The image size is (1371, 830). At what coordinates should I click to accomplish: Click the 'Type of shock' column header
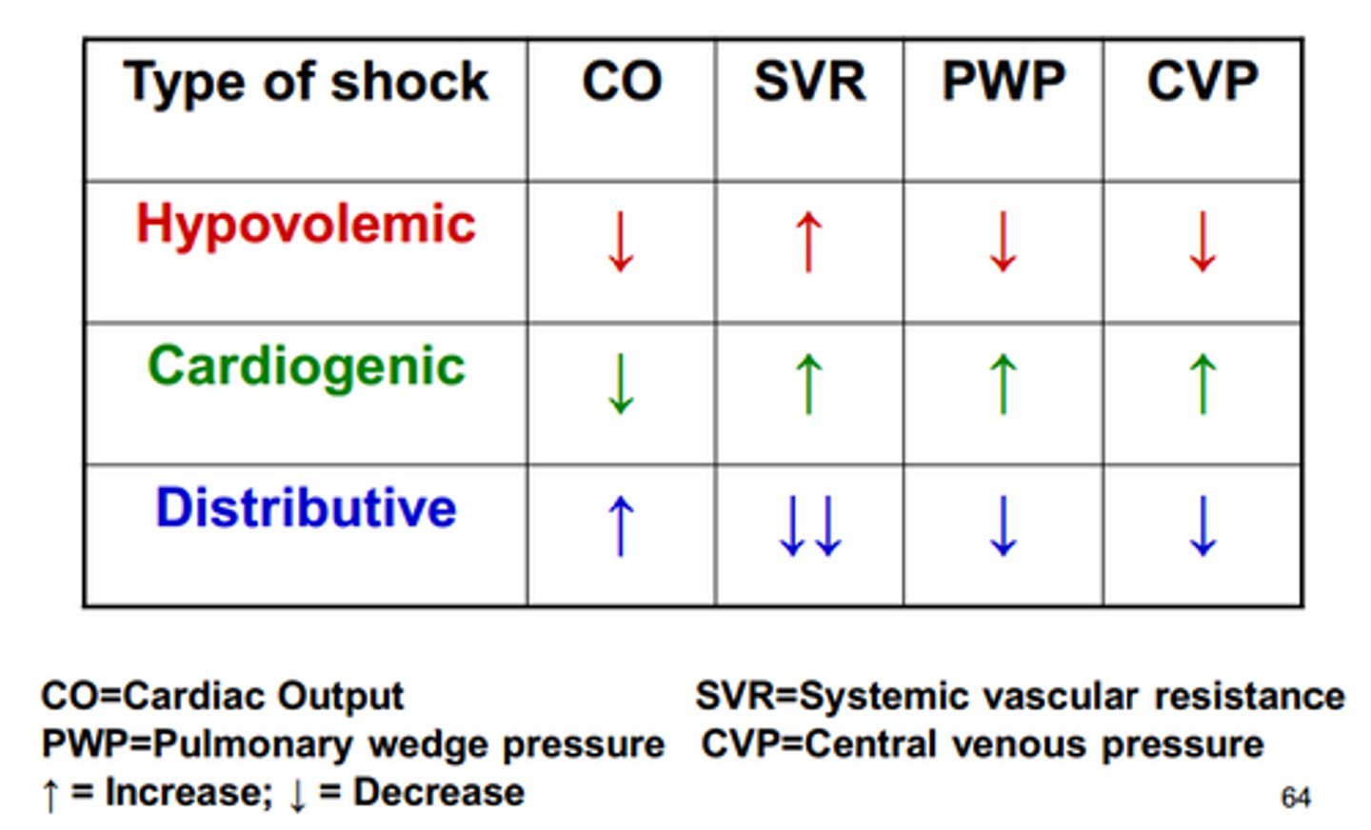coord(306,82)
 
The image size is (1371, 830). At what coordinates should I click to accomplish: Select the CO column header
coord(622,82)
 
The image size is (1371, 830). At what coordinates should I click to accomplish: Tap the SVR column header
coord(809,82)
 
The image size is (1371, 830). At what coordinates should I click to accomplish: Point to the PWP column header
coord(1003,82)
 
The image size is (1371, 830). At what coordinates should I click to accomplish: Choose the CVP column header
coord(1202,82)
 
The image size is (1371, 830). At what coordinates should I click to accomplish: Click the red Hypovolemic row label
coord(306,225)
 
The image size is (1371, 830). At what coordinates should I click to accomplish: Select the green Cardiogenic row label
coord(306,367)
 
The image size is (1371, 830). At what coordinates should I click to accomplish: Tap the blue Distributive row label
coord(306,507)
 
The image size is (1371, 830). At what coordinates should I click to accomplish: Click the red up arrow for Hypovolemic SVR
coord(809,242)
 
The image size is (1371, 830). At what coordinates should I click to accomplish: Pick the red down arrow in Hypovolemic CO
coord(621,242)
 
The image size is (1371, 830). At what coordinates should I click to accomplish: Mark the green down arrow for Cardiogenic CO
coord(621,384)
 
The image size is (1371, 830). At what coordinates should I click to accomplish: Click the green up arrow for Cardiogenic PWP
coord(1003,384)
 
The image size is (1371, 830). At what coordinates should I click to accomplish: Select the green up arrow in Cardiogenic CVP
coord(1203,384)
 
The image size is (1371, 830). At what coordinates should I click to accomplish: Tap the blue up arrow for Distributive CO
coord(621,525)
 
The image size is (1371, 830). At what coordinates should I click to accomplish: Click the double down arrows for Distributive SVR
coord(810,525)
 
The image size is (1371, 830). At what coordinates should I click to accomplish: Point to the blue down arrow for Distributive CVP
coord(1203,525)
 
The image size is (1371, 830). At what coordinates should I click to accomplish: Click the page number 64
coord(1295,798)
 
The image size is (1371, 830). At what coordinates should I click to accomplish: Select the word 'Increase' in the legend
coord(187,792)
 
